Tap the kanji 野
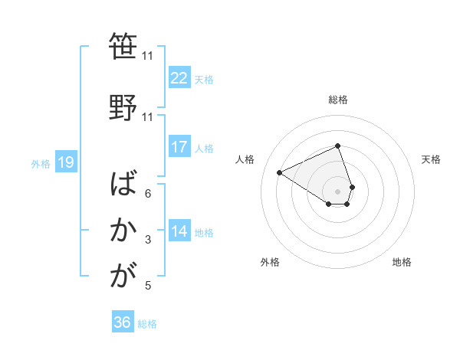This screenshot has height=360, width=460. click(123, 106)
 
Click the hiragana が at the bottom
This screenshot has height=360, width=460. click(123, 277)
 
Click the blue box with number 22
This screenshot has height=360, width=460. click(179, 78)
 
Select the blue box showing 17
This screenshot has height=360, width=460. click(179, 147)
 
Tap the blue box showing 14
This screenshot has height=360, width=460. click(179, 231)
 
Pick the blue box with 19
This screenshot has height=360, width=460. click(65, 162)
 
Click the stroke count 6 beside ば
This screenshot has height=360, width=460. click(148, 193)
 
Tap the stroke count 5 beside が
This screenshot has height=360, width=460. click(148, 286)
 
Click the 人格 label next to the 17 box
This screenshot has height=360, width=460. click(204, 148)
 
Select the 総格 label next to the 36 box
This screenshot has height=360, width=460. click(147, 324)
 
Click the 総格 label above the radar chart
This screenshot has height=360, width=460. click(338, 100)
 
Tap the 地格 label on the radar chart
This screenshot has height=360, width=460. click(402, 262)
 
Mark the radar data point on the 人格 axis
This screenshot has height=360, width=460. click(280, 172)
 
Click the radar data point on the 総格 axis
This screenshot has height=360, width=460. click(338, 146)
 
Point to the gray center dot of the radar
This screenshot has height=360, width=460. click(338, 191)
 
